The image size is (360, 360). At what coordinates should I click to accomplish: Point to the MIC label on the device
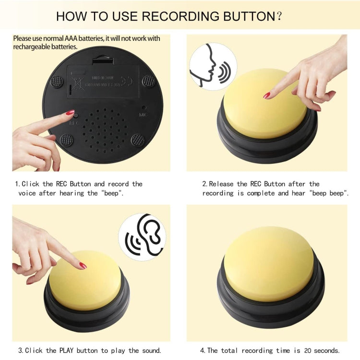(x=143, y=114)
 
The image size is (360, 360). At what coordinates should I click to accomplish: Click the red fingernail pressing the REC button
(x=70, y=112)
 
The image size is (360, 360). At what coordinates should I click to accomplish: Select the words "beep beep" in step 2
(x=331, y=193)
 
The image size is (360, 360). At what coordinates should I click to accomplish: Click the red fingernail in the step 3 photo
(x=83, y=265)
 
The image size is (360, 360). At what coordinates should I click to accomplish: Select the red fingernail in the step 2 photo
(x=267, y=95)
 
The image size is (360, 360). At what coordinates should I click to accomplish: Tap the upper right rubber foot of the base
(x=148, y=80)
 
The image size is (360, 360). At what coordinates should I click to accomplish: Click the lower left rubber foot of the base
(x=66, y=140)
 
